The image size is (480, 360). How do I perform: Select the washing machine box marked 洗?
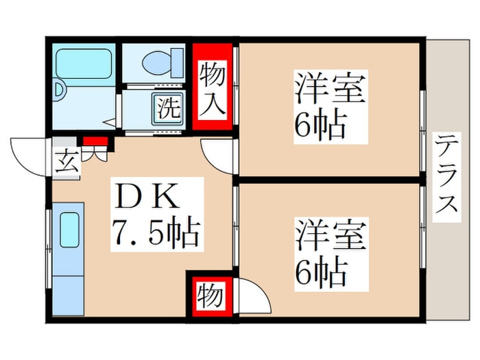point(167,108)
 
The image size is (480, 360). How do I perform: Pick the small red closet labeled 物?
point(210,296)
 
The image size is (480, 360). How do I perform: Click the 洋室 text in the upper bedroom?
point(329,91)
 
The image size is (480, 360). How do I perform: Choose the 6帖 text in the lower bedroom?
point(320,274)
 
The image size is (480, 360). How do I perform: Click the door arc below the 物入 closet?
point(219,156)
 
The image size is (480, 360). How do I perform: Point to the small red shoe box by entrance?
point(95,142)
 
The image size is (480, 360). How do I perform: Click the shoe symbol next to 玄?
point(94,154)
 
